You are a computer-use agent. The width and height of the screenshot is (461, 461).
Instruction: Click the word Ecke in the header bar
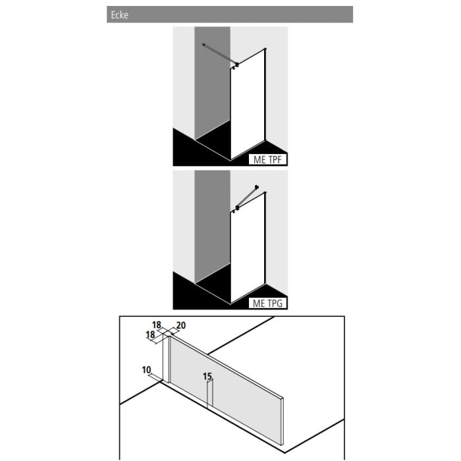(119, 15)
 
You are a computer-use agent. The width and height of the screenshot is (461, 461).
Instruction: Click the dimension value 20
(182, 325)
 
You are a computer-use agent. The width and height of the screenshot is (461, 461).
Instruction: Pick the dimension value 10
(146, 370)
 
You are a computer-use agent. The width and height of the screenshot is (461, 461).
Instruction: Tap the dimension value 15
(207, 377)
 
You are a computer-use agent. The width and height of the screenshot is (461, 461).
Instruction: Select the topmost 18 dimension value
(157, 325)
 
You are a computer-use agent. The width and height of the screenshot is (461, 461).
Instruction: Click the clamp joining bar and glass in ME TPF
(236, 65)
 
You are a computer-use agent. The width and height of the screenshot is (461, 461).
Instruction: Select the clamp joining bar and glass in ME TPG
(236, 209)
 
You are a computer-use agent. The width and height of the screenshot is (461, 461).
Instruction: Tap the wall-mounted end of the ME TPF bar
(205, 44)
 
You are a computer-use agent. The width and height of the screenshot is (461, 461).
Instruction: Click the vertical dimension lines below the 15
(208, 395)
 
